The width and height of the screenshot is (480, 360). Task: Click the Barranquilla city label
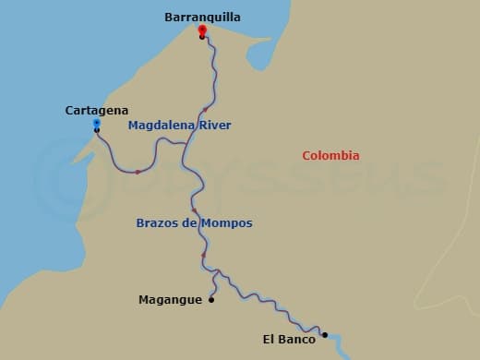[x=202, y=17]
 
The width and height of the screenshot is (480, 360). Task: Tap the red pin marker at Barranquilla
[x=201, y=30]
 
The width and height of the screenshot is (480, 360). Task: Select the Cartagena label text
[x=97, y=110]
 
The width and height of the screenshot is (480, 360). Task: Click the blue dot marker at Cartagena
[x=97, y=122]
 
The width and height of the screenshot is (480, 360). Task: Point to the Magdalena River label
[x=179, y=125]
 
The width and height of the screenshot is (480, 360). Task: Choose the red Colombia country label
[x=330, y=156]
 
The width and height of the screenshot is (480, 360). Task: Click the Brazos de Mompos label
[x=194, y=223]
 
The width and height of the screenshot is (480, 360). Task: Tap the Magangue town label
[x=170, y=299]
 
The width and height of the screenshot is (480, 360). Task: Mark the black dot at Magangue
[x=211, y=299]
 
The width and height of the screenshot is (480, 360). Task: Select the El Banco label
[x=289, y=340]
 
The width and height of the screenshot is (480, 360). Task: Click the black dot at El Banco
[x=324, y=335]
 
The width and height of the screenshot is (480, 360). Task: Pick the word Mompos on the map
[x=228, y=223]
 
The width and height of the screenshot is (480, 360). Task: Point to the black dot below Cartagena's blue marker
[x=97, y=130]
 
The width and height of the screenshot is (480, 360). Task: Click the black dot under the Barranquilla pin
[x=201, y=38]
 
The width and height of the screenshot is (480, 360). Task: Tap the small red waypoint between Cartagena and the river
[x=138, y=172]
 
